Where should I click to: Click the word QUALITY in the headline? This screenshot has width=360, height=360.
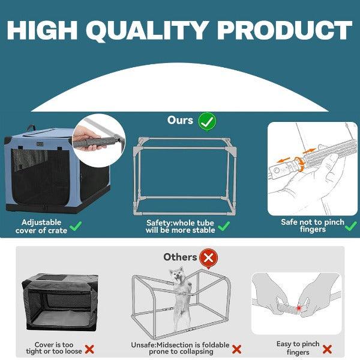point(147,31)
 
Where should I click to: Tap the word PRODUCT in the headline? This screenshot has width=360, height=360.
point(284,31)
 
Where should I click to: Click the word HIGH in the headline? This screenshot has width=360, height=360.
point(42,31)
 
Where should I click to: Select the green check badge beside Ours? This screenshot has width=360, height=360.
point(207,121)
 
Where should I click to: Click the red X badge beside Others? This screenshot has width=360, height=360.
point(208,258)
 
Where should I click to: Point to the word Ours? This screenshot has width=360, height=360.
point(180,120)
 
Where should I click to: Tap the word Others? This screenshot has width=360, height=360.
point(180,257)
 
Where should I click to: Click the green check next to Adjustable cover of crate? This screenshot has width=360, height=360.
point(76,226)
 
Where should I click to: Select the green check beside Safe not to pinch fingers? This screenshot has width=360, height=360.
point(351,226)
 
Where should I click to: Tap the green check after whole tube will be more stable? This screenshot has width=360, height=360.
point(224,226)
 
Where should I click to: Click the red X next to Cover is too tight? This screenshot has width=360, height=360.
point(89,349)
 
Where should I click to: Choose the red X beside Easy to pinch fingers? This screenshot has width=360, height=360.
point(327,349)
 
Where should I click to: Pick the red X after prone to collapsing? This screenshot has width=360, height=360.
point(237,349)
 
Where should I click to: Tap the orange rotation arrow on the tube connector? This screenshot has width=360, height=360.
point(300,164)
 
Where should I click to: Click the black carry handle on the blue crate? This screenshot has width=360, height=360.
point(31,128)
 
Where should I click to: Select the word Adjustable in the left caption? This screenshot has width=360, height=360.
point(41,222)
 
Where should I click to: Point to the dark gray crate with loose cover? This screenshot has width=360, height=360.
point(60,302)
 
